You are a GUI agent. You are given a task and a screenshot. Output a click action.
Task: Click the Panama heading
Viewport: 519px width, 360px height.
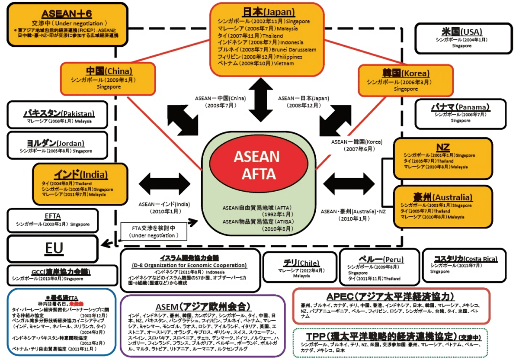[460, 107]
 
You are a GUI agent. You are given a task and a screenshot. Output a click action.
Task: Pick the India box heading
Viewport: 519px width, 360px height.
[80, 174]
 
